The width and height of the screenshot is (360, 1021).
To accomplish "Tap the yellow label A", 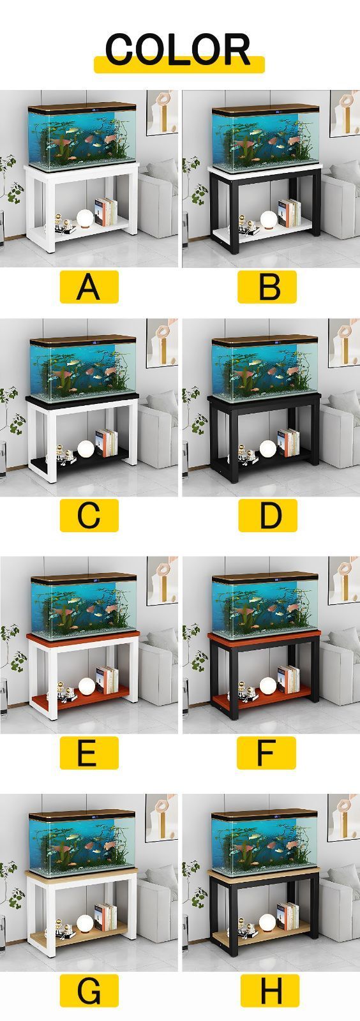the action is (89, 287).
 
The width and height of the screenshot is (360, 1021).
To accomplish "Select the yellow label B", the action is (267, 287).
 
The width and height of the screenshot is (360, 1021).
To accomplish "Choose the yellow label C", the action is (89, 515).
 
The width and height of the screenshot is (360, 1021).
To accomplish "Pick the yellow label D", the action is (267, 515).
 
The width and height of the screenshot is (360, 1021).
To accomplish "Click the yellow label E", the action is (89, 752).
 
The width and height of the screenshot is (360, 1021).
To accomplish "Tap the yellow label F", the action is (267, 752).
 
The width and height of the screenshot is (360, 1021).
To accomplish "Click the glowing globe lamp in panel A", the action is (86, 218).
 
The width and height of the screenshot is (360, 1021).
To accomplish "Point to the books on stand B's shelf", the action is (289, 213).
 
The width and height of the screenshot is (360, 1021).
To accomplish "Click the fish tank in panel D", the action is (264, 364).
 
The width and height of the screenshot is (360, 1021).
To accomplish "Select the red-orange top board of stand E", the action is (82, 636).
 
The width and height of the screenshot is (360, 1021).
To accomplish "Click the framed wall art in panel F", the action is (343, 581).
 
